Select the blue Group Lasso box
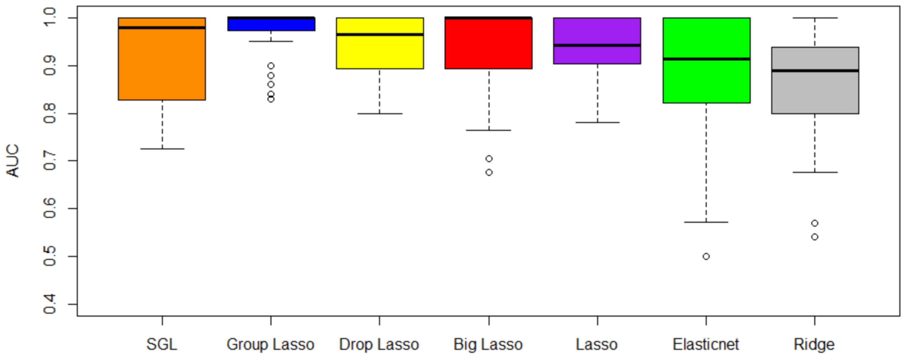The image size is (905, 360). tap(271, 25)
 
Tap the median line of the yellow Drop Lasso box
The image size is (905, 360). tap(380, 34)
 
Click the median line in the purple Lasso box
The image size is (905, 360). tap(597, 45)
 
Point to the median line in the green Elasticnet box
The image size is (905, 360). tap(706, 59)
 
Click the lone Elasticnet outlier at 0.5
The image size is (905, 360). tap(706, 257)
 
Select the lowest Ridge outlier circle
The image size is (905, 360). tap(815, 237)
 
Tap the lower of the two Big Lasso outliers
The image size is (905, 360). tap(489, 172)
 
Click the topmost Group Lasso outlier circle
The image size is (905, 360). tap(271, 66)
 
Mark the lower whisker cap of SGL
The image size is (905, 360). tap(162, 149)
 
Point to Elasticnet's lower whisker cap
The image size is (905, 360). tap(706, 222)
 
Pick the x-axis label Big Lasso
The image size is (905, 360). tap(488, 345)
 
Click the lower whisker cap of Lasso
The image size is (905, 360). tap(597, 123)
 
